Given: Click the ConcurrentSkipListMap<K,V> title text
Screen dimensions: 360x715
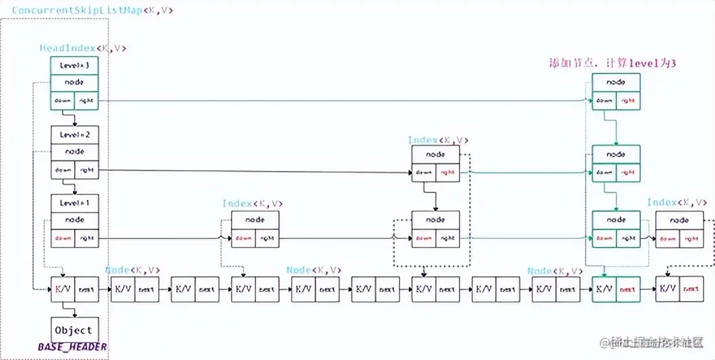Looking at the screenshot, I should [93, 10].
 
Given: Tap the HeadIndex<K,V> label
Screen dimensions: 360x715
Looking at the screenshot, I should [83, 48].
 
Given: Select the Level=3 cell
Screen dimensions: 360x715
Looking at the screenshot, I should [74, 66].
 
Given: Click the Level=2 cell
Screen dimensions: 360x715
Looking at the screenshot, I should [74, 135].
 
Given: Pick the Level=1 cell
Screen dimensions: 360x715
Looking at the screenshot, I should [74, 203].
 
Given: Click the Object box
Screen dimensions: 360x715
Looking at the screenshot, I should [74, 329].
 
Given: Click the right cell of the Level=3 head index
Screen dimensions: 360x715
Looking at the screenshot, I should [86, 101].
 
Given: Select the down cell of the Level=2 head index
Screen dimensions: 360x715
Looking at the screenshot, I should [62, 170].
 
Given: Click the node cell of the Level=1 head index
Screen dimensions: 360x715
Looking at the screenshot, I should [74, 220].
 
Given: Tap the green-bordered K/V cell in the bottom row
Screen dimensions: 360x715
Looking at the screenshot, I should [604, 289].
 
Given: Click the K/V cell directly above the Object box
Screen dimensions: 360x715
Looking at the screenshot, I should [63, 289].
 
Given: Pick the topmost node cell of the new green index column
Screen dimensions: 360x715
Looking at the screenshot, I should [616, 83].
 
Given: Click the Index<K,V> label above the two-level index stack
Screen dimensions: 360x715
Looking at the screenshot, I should [438, 140].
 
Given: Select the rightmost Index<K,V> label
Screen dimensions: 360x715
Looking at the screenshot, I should [677, 203].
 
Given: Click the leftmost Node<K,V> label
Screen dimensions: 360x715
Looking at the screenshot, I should [133, 270].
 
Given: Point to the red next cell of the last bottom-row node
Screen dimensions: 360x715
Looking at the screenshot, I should [691, 289].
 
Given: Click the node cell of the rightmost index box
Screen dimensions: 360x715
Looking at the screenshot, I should [679, 220].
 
